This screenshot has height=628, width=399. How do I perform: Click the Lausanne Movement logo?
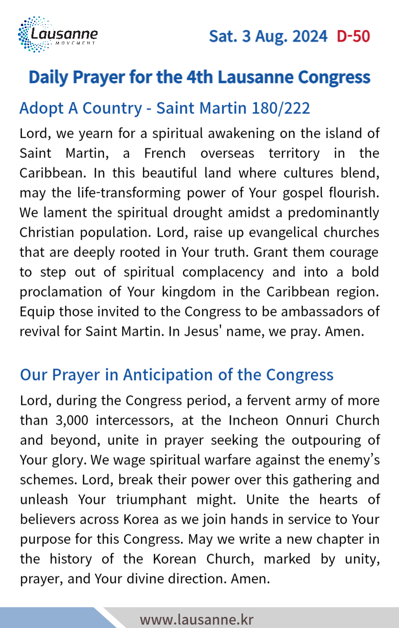tap(57, 34)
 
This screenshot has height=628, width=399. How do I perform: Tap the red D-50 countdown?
tap(354, 36)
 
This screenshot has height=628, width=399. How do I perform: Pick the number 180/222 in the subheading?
tap(281, 108)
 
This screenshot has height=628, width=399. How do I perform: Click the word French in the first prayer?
tap(165, 154)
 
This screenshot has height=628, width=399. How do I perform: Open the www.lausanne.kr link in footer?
tap(197, 620)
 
